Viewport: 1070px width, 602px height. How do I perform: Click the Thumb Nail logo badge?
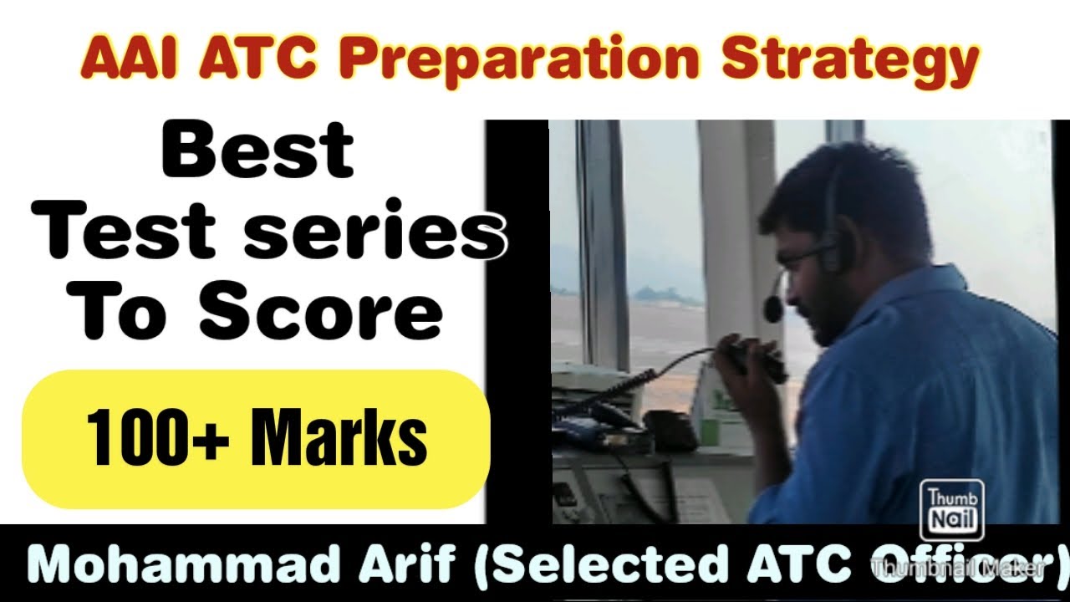coord(942,510)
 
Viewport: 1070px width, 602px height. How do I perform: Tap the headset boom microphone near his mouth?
coord(774,308)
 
